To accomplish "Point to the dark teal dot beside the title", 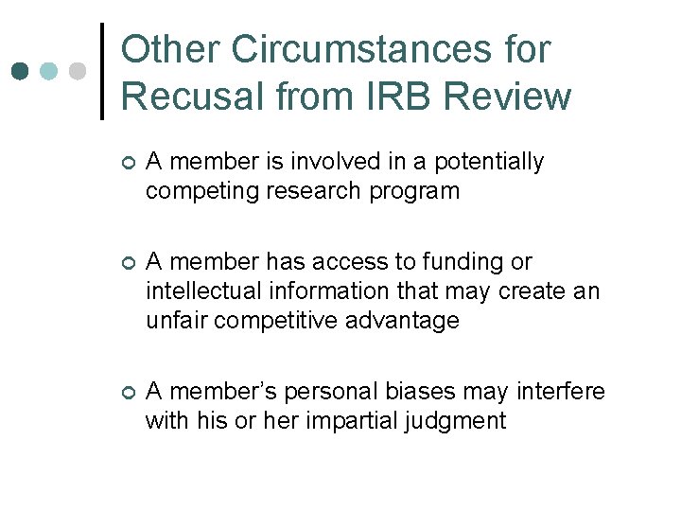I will (x=20, y=71).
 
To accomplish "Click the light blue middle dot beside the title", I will (x=49, y=71).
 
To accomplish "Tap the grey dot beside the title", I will (x=79, y=71).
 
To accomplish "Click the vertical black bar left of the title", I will (x=102, y=71).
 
